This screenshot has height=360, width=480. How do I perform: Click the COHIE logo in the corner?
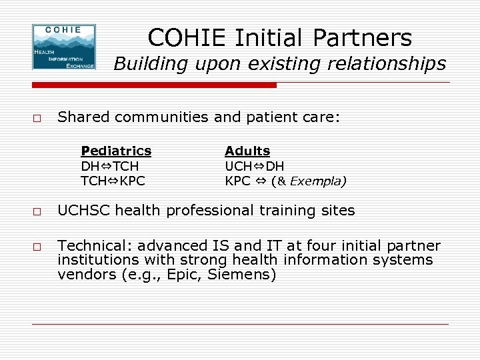tap(64, 47)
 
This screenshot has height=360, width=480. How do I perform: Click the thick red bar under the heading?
tap(154, 85)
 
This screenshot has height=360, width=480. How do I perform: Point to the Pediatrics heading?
tap(116, 151)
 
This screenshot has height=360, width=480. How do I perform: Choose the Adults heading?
tap(247, 151)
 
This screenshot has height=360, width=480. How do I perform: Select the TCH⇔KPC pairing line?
tap(113, 180)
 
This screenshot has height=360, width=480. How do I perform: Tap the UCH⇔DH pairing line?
tap(255, 166)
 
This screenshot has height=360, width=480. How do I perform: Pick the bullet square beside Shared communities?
tap(37, 119)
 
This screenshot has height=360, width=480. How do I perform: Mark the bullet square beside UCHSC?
tap(37, 212)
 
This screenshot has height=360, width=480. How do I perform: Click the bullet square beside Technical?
tap(37, 247)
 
